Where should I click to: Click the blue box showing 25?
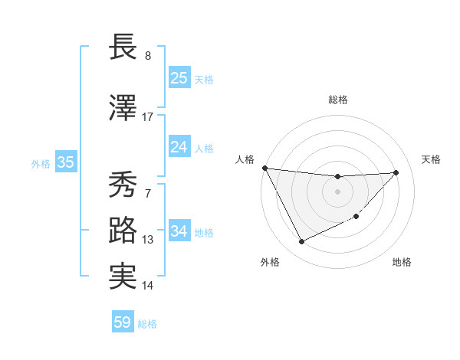179,78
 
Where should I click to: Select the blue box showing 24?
179,146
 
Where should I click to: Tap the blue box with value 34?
179,231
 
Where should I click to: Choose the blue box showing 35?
66,162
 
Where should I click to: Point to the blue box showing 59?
123,322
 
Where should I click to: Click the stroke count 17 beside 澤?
148,117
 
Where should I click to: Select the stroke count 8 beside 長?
148,56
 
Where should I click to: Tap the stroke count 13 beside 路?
148,240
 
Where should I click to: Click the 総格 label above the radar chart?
338,100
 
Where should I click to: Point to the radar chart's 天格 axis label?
432,159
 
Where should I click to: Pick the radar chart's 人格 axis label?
245,159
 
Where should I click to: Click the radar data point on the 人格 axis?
264,168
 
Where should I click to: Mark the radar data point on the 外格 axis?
301,242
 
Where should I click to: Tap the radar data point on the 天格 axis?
396,172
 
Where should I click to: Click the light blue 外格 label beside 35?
41,163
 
